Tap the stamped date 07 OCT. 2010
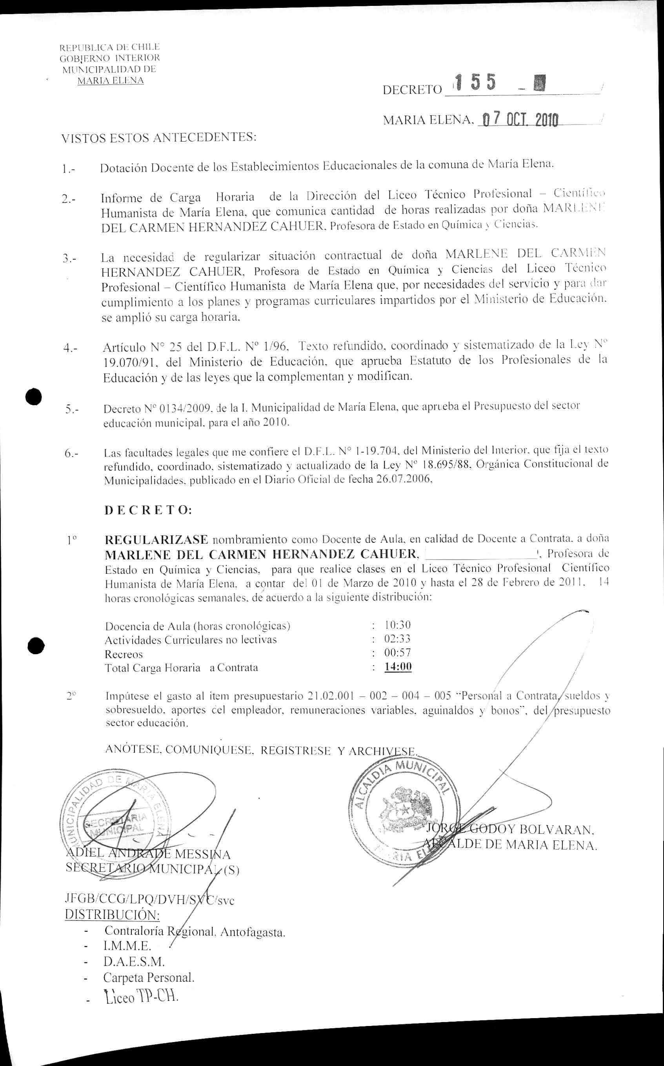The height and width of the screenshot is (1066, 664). [x=520, y=119]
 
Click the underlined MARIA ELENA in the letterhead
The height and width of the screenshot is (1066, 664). [x=110, y=81]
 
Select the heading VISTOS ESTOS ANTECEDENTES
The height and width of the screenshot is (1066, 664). [x=158, y=138]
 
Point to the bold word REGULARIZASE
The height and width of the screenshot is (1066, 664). [x=156, y=539]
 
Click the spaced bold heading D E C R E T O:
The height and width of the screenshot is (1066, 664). [x=148, y=510]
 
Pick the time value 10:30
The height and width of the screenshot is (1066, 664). [x=397, y=625]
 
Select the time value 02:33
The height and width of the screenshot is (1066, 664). [x=397, y=639]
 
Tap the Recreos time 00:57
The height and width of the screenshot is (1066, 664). [x=397, y=653]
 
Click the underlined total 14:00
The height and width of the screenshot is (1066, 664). [x=398, y=667]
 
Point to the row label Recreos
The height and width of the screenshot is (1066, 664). [x=124, y=654]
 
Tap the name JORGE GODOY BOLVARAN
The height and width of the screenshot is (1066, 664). [x=509, y=830]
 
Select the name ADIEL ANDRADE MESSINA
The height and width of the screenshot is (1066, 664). [x=147, y=854]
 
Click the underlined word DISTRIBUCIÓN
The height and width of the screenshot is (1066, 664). [x=112, y=915]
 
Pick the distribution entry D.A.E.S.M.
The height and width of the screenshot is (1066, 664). [x=134, y=962]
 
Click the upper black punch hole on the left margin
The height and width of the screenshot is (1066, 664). [x=33, y=397]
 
